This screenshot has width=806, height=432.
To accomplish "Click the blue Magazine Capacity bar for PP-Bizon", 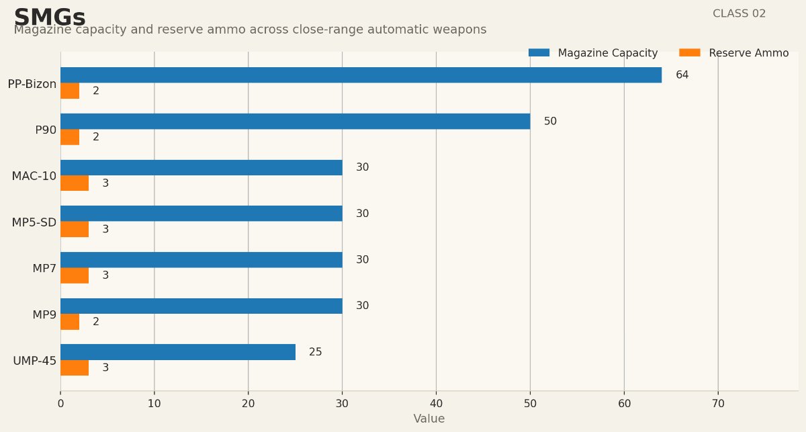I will (x=361, y=75).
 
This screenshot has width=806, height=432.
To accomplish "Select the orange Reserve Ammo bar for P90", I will (x=70, y=137).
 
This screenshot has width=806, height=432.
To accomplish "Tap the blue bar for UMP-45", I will (x=178, y=352).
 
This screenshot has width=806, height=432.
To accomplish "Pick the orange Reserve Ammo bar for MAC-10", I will (x=75, y=183).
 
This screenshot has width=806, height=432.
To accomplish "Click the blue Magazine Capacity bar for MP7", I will (x=201, y=260).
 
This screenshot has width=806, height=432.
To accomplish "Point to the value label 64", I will (x=682, y=75).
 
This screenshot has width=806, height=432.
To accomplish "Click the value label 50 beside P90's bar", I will (x=550, y=122).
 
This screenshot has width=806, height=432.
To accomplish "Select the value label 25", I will (x=315, y=352).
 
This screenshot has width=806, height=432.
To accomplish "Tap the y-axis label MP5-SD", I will (x=34, y=222).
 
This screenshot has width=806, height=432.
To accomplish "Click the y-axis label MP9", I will (x=44, y=314).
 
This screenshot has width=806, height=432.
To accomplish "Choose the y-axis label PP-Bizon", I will (x=32, y=84).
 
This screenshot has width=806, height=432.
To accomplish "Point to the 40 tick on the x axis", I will (x=436, y=404).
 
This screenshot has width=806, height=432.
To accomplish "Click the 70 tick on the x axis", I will (x=718, y=404).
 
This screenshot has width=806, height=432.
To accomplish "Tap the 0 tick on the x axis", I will (x=60, y=404).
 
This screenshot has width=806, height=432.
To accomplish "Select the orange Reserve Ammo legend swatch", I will (x=689, y=52).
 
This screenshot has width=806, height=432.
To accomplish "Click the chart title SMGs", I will (x=50, y=17).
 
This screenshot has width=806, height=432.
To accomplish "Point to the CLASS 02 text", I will (x=739, y=13).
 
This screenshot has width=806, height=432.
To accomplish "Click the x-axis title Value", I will (x=429, y=419).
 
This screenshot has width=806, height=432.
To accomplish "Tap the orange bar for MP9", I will (x=70, y=322).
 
